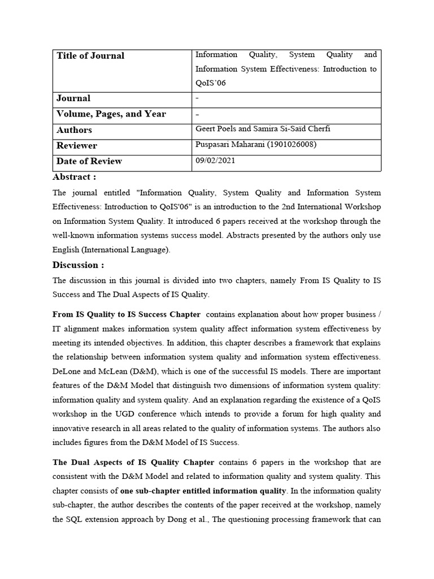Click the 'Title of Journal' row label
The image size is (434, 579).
(x=90, y=55)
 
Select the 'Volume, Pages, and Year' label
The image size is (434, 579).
(x=111, y=114)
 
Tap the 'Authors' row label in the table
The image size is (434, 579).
(x=74, y=130)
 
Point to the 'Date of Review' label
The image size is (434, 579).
(x=89, y=161)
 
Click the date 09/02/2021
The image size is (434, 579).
(x=215, y=161)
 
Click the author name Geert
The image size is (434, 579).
(x=205, y=129)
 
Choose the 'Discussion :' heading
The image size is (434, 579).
(x=78, y=265)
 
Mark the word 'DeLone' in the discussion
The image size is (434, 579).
(x=67, y=371)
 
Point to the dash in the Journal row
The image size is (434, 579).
(x=197, y=98)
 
